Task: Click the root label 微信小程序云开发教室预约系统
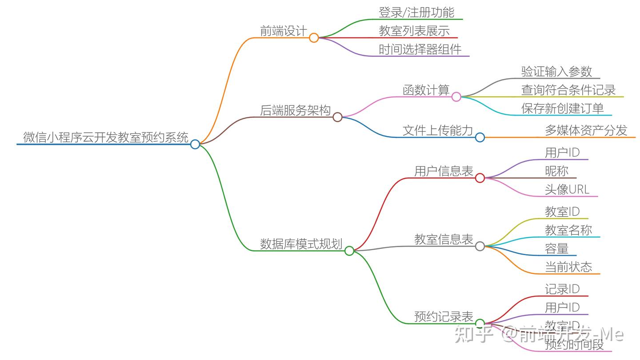[x=106, y=137]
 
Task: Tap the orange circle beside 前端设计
[x=314, y=38]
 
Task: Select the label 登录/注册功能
[x=416, y=12]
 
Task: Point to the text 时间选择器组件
[x=420, y=49]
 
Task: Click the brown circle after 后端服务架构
[x=337, y=117]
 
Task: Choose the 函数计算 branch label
[x=426, y=90]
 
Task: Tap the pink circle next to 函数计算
[x=456, y=97]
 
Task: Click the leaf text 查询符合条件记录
[x=568, y=90]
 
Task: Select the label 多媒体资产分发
[x=586, y=130]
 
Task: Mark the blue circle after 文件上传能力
[x=480, y=137]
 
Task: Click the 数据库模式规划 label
[x=301, y=244]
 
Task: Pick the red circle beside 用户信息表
[x=480, y=178]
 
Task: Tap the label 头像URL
[x=567, y=189]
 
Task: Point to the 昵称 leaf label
[x=556, y=171]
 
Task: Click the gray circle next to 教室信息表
[x=480, y=246]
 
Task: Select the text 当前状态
[x=568, y=267]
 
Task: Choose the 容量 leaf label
[x=556, y=248]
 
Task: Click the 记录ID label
[x=562, y=289]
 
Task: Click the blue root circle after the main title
[x=195, y=144]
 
